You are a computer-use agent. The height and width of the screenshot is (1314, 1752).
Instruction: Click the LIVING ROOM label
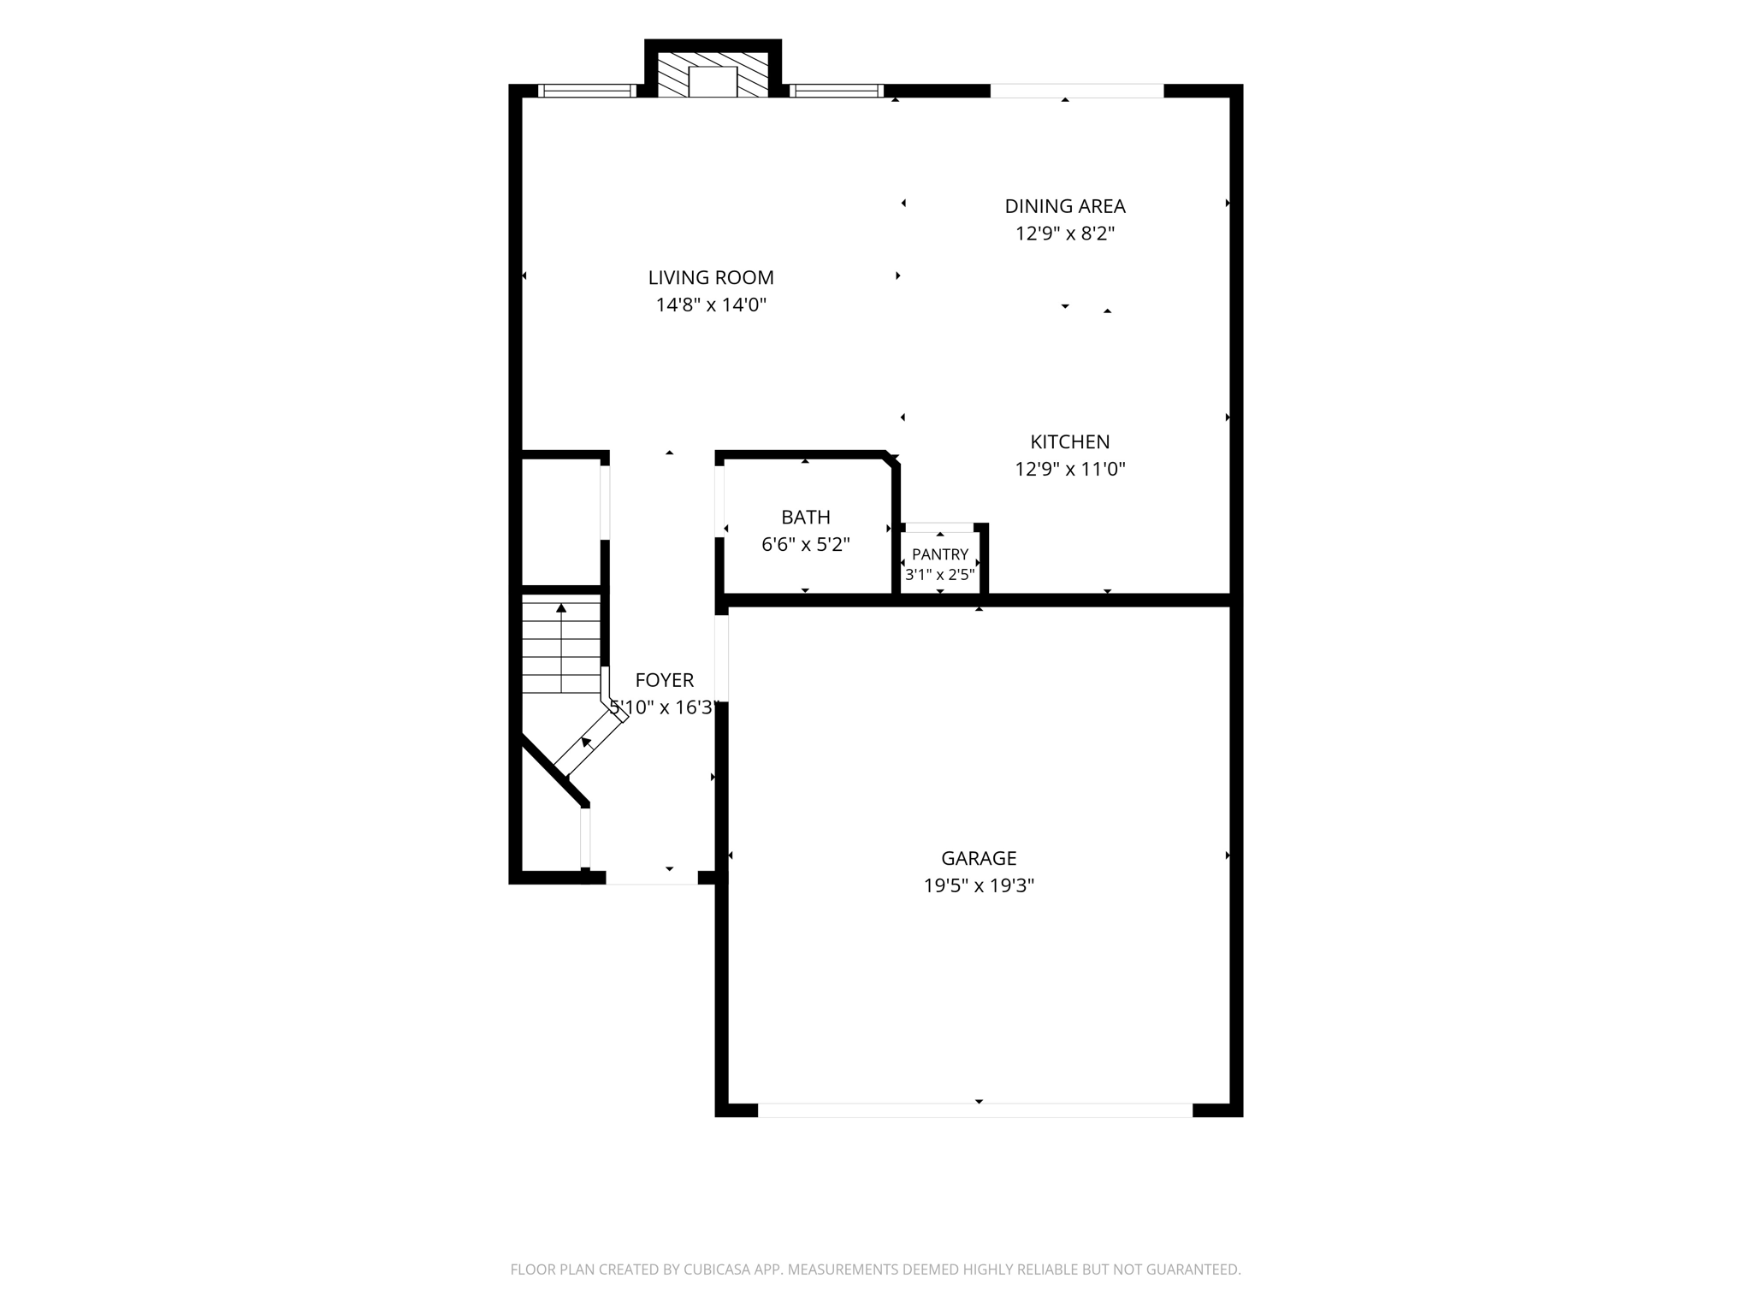tap(711, 277)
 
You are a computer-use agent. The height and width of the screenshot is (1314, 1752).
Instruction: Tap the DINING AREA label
tap(1065, 206)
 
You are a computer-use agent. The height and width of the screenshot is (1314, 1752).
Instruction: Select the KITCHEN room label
tap(1069, 441)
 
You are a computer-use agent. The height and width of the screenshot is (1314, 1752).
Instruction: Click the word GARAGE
tap(979, 858)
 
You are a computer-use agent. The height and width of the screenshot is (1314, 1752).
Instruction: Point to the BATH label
tap(806, 517)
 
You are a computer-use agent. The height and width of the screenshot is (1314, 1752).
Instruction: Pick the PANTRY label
tap(940, 554)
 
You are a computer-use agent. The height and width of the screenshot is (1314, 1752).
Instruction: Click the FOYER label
tap(665, 680)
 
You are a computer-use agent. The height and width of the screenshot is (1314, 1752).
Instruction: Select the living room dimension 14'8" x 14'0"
tap(711, 305)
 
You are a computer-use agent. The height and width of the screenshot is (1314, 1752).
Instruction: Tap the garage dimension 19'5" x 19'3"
tap(979, 885)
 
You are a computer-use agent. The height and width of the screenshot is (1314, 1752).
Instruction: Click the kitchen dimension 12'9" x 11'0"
tap(1069, 469)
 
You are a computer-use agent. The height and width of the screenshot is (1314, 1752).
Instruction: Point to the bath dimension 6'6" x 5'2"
tap(806, 544)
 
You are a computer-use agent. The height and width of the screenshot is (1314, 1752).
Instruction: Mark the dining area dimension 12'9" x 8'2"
tap(1065, 234)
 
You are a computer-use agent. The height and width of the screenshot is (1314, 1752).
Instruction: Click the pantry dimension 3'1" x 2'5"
tap(940, 575)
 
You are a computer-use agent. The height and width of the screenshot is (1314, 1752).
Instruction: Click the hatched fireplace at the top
tap(713, 74)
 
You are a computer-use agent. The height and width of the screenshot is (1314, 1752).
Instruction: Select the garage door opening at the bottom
tap(975, 1110)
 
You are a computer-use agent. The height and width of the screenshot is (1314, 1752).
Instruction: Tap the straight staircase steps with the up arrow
tap(561, 647)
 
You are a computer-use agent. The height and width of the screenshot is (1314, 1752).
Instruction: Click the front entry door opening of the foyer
tap(652, 878)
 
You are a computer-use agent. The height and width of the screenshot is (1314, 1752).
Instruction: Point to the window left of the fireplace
tap(587, 91)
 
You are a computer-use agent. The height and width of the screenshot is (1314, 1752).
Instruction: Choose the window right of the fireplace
tap(836, 91)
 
